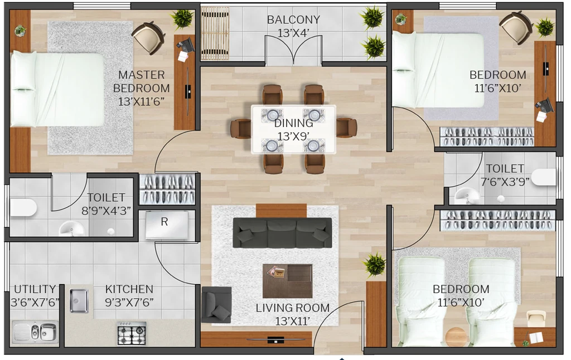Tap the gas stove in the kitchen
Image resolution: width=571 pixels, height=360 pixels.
(132, 333)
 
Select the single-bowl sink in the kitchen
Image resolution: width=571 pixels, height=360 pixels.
(79, 301)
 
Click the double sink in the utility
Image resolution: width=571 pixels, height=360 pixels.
(35, 332)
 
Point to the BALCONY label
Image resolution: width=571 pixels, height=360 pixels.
(293, 20)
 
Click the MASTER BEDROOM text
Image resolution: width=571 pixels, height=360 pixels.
(141, 81)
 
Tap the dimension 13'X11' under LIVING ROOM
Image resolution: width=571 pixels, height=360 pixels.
(292, 321)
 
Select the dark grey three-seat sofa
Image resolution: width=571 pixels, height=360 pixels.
(282, 233)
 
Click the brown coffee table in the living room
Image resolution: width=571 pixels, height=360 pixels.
(288, 281)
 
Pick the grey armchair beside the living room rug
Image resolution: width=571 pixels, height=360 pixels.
(216, 305)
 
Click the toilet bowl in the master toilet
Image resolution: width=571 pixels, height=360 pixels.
(23, 208)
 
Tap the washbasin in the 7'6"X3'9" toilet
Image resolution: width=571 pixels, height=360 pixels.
(467, 196)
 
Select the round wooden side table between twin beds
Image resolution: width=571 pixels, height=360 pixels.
(456, 337)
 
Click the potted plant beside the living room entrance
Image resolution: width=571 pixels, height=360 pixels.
(374, 265)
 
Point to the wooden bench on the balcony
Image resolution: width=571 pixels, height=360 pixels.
(215, 33)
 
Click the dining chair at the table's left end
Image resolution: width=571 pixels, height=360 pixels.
(240, 129)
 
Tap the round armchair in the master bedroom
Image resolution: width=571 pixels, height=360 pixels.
(148, 37)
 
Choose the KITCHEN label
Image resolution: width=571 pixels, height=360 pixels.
(129, 289)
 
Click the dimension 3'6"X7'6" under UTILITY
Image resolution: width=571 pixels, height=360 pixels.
(35, 303)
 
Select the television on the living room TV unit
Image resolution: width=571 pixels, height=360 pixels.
(275, 340)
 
